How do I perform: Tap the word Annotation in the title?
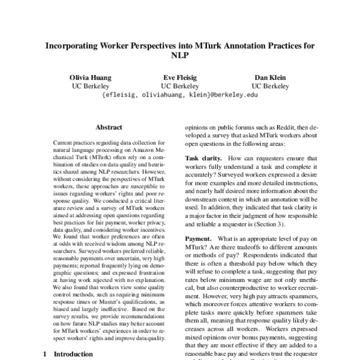click(x=247, y=46)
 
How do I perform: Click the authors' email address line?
click(x=179, y=95)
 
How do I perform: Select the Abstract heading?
click(x=109, y=127)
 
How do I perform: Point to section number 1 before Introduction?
click(x=44, y=354)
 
